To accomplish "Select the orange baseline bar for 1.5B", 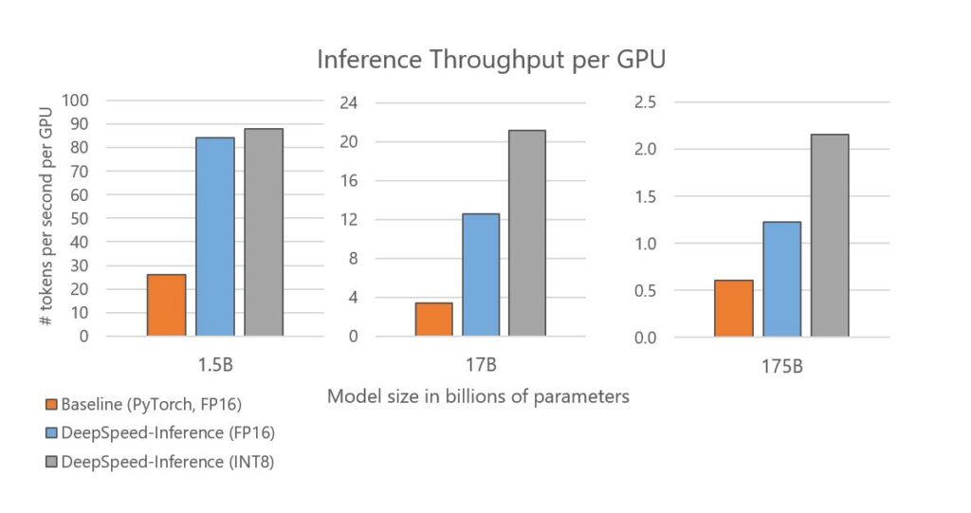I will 167,304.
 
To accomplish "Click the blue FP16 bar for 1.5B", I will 215,236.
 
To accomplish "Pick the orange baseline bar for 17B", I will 433,319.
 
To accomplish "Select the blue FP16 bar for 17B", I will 480,274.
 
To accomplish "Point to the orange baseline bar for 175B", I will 734,308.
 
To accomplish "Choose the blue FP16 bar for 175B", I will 781,279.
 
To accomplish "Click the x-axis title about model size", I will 478,396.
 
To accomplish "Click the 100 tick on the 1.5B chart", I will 75,101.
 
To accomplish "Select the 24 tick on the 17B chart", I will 347,102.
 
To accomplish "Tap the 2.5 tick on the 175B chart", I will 645,102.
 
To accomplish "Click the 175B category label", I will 782,365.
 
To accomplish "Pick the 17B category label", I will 480,364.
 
